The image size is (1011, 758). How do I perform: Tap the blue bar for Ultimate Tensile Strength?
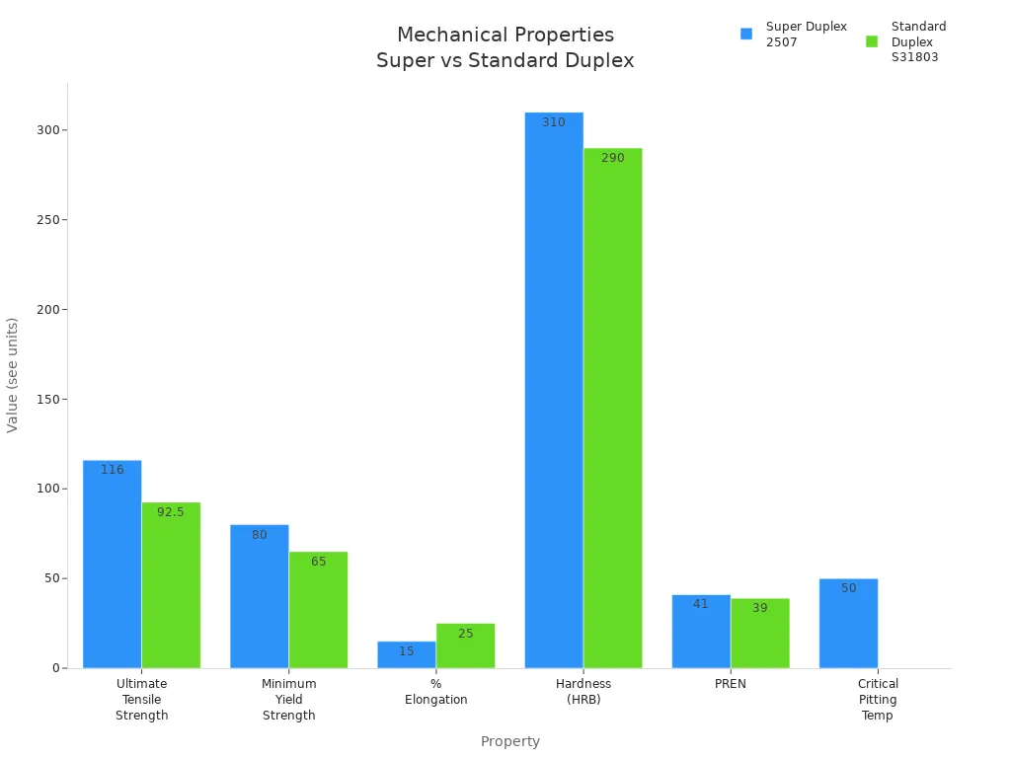(x=112, y=564)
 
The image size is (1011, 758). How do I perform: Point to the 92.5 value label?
(x=171, y=512)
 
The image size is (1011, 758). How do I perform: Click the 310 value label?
(x=554, y=122)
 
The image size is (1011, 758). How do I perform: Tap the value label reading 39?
(x=760, y=608)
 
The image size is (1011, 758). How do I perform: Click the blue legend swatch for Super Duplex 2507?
(x=746, y=34)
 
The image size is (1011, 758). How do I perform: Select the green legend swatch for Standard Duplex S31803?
(x=872, y=41)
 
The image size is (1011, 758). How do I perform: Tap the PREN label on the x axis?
(x=731, y=684)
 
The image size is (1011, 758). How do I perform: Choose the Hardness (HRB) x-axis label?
(x=583, y=692)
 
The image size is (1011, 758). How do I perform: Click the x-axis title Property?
(x=509, y=741)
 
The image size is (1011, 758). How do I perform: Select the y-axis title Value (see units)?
(x=13, y=375)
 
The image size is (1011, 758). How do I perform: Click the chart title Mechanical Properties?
(x=505, y=36)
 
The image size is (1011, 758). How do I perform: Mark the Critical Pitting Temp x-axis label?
(x=877, y=699)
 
